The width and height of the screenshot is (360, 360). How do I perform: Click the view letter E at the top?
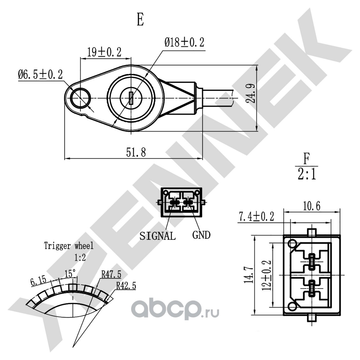[x=140, y=20]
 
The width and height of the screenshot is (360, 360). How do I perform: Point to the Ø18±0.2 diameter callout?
[x=184, y=42]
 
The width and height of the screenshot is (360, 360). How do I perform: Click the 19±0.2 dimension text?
[x=104, y=52]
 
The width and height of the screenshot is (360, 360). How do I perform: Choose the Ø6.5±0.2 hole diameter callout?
[x=40, y=74]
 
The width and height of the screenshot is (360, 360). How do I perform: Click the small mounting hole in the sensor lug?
[x=80, y=98]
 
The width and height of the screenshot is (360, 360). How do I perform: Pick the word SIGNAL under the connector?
[x=158, y=236]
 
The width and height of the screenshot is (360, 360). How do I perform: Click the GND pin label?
[x=201, y=235]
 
